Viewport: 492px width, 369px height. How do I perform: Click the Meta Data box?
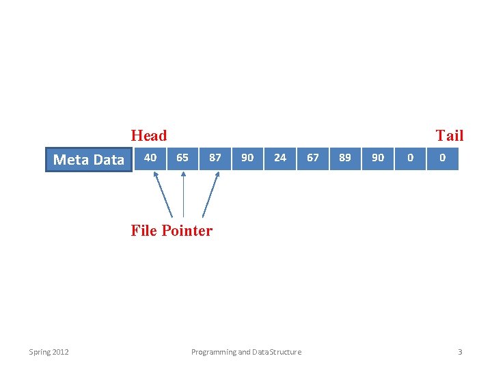(89, 160)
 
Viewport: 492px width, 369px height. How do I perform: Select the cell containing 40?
(150, 158)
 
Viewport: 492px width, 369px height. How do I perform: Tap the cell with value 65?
(182, 158)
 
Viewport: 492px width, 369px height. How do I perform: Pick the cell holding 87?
(215, 158)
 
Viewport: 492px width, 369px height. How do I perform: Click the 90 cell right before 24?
(247, 158)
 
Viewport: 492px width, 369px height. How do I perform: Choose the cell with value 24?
(280, 158)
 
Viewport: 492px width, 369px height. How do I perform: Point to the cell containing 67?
(313, 158)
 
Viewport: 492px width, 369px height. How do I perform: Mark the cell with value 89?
(345, 158)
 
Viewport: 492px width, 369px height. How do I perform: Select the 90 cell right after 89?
(378, 158)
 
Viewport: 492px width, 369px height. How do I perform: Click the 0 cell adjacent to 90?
(410, 158)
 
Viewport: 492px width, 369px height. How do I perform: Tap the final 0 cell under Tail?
(443, 158)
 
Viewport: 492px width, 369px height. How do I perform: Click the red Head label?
(149, 135)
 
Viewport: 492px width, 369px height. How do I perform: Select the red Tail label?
(450, 135)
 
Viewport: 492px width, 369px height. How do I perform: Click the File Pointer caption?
(172, 231)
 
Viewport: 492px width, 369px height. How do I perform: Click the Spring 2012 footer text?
(49, 352)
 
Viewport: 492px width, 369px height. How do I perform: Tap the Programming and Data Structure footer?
(246, 352)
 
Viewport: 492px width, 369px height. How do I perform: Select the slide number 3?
(460, 352)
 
